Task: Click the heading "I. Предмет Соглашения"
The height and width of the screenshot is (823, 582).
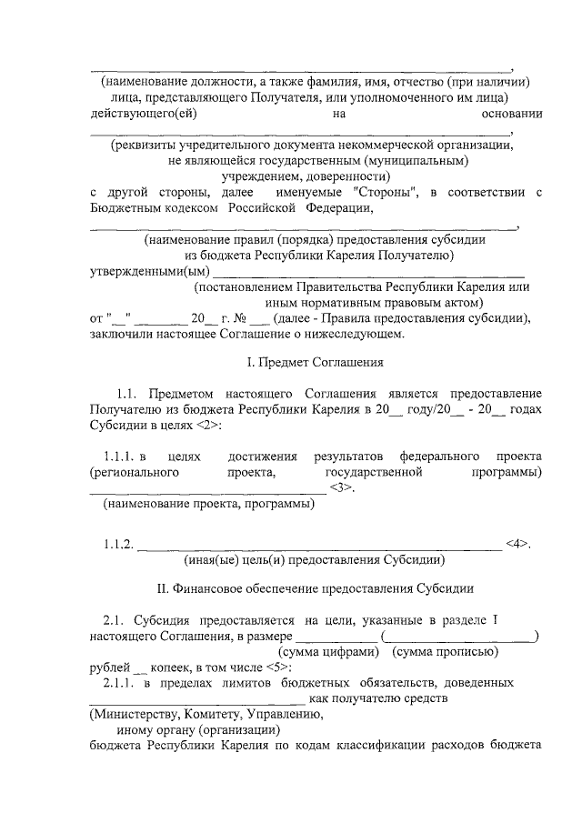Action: [316, 362]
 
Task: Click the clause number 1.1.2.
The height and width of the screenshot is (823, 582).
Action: [119, 545]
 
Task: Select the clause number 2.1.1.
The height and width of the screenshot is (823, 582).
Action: [119, 681]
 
